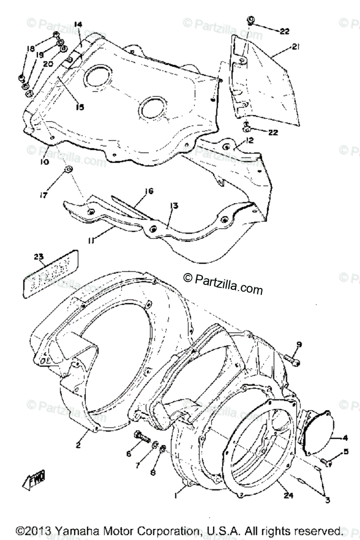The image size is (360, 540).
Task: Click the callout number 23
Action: (x=39, y=256)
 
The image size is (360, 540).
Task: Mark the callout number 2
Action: (x=78, y=445)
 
